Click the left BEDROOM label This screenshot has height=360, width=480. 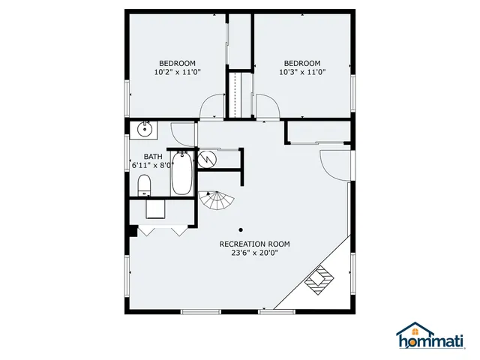click(177, 63)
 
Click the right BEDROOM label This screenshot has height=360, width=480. click(301, 63)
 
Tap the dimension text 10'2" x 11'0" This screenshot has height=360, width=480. click(177, 73)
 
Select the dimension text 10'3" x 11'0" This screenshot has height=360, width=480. click(301, 73)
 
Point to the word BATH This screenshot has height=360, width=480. click(142, 156)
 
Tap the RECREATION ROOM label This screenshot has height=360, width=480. click(254, 244)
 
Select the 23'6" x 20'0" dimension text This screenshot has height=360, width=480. click(254, 253)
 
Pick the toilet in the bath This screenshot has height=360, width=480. click(145, 184)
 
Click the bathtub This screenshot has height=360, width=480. click(182, 175)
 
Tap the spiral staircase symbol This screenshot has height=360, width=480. click(217, 200)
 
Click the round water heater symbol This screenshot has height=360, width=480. click(207, 159)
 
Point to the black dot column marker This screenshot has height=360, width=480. click(241, 229)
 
